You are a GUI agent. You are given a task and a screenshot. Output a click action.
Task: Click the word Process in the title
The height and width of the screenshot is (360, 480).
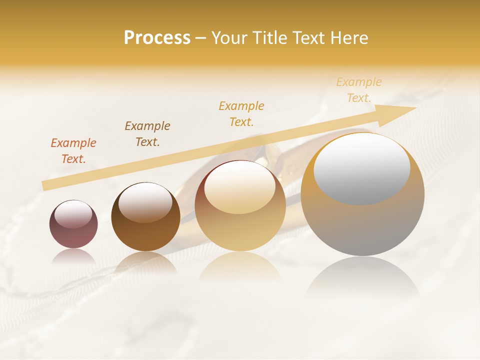click(x=157, y=38)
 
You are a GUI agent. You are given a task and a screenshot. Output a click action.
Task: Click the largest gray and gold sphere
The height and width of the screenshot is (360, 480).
click(x=362, y=225)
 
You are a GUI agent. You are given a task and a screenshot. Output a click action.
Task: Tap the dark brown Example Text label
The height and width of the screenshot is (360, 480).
click(x=147, y=134)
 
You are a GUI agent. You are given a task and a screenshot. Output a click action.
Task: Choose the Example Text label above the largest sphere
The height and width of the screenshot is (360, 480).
click(x=359, y=90)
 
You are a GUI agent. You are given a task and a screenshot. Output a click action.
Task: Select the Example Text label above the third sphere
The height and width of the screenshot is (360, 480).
click(x=241, y=113)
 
